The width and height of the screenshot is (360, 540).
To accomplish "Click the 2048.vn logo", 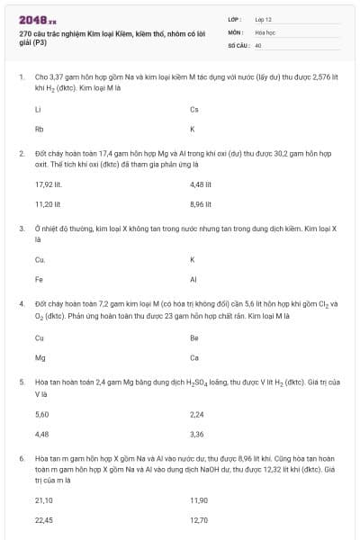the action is (36, 18).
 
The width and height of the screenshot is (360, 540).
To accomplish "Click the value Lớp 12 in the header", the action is (263, 18).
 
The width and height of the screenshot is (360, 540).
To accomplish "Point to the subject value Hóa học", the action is (265, 31).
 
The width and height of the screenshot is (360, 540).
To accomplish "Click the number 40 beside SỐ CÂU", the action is (258, 44).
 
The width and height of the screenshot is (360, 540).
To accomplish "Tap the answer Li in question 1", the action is (38, 110).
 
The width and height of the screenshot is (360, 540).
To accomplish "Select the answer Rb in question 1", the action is (39, 129).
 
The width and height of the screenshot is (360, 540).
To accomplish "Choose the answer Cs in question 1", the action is (194, 110).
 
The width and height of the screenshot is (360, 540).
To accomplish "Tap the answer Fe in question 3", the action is (39, 279).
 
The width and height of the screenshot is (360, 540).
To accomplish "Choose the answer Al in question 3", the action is (193, 279).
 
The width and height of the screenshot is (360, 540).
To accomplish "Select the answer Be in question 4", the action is (194, 338).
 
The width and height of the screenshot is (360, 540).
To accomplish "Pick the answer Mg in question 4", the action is (40, 357).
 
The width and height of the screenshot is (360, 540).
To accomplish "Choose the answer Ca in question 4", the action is (194, 357).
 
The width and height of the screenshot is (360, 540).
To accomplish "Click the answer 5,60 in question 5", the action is (41, 415).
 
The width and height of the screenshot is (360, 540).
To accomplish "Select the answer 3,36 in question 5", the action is (197, 434).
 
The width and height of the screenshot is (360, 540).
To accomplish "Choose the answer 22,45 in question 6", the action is (43, 519).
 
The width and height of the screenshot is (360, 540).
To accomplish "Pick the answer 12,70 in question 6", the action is (199, 519).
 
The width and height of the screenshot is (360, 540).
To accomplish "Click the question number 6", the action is (21, 458).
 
